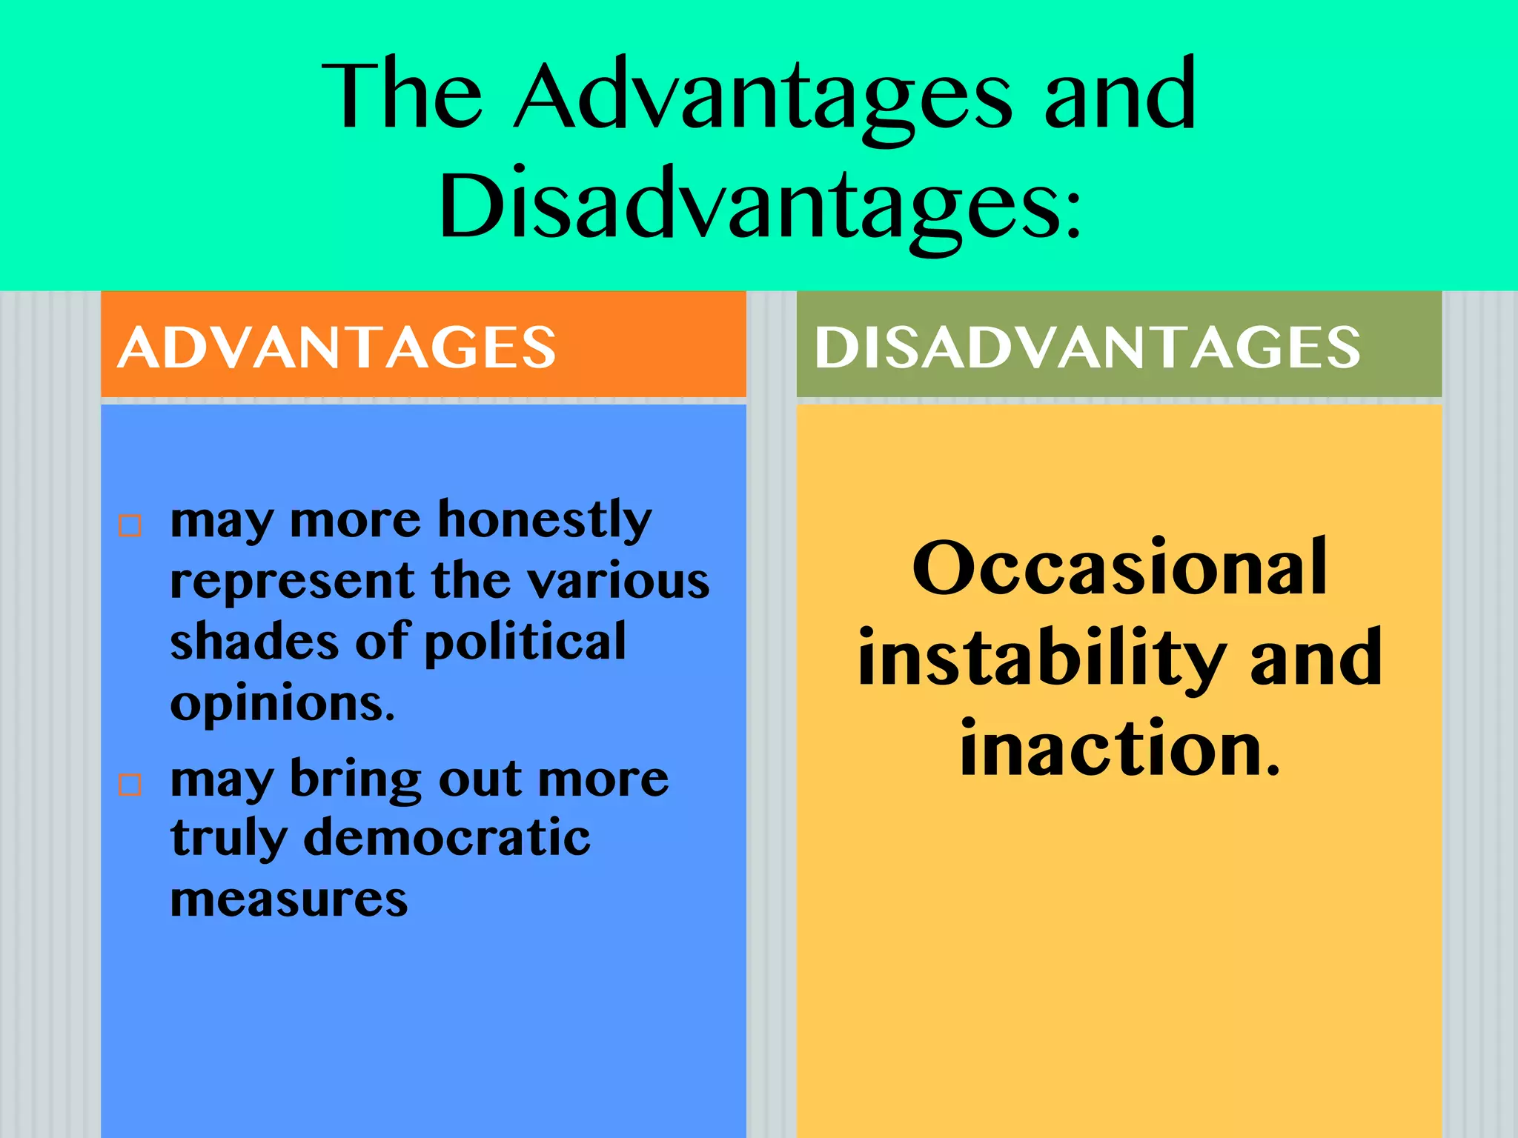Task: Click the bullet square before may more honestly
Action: coord(130,525)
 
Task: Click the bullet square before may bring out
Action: coord(130,784)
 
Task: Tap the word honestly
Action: coord(545,521)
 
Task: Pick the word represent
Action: coord(292,582)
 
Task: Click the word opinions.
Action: coord(282,704)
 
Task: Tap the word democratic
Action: coord(447,839)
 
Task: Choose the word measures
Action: coord(289,900)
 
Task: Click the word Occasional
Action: coord(1119,568)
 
